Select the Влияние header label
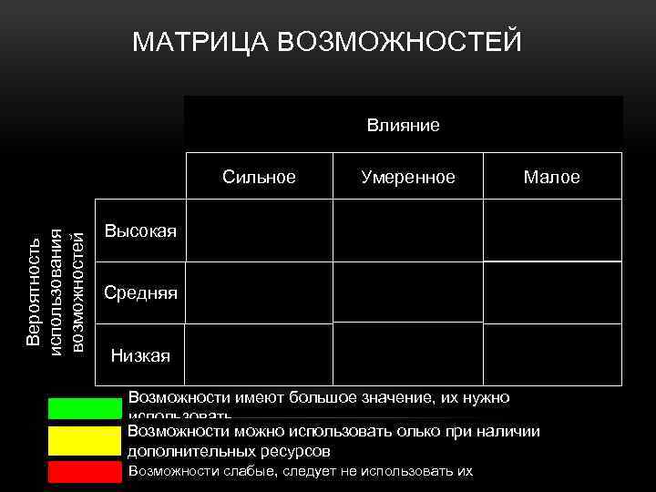[x=403, y=124]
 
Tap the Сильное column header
[x=259, y=177]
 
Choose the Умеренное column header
[x=407, y=177]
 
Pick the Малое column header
[x=551, y=177]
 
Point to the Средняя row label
[x=141, y=292]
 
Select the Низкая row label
[x=140, y=354]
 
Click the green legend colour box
[x=84, y=407]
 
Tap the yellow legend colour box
[x=84, y=440]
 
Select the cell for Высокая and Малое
[x=551, y=230]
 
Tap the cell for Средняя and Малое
[x=551, y=292]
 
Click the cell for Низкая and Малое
[x=551, y=354]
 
